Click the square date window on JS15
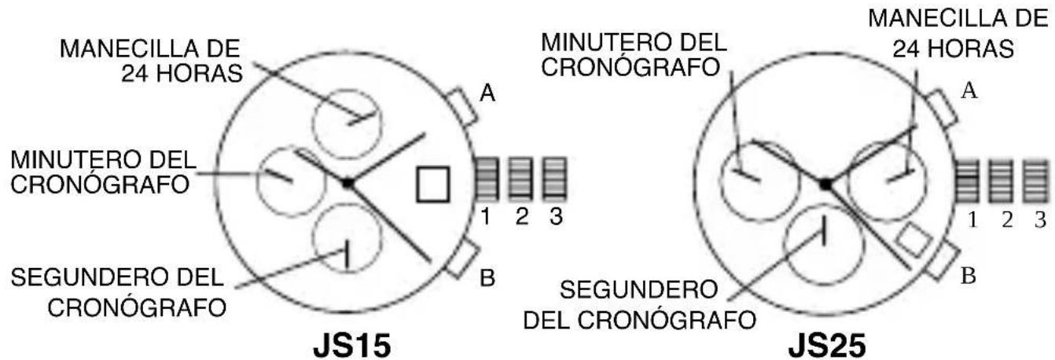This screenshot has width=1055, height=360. (433, 184)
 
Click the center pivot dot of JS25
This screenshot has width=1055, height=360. (825, 183)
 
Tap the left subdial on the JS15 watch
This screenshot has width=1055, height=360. (289, 180)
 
